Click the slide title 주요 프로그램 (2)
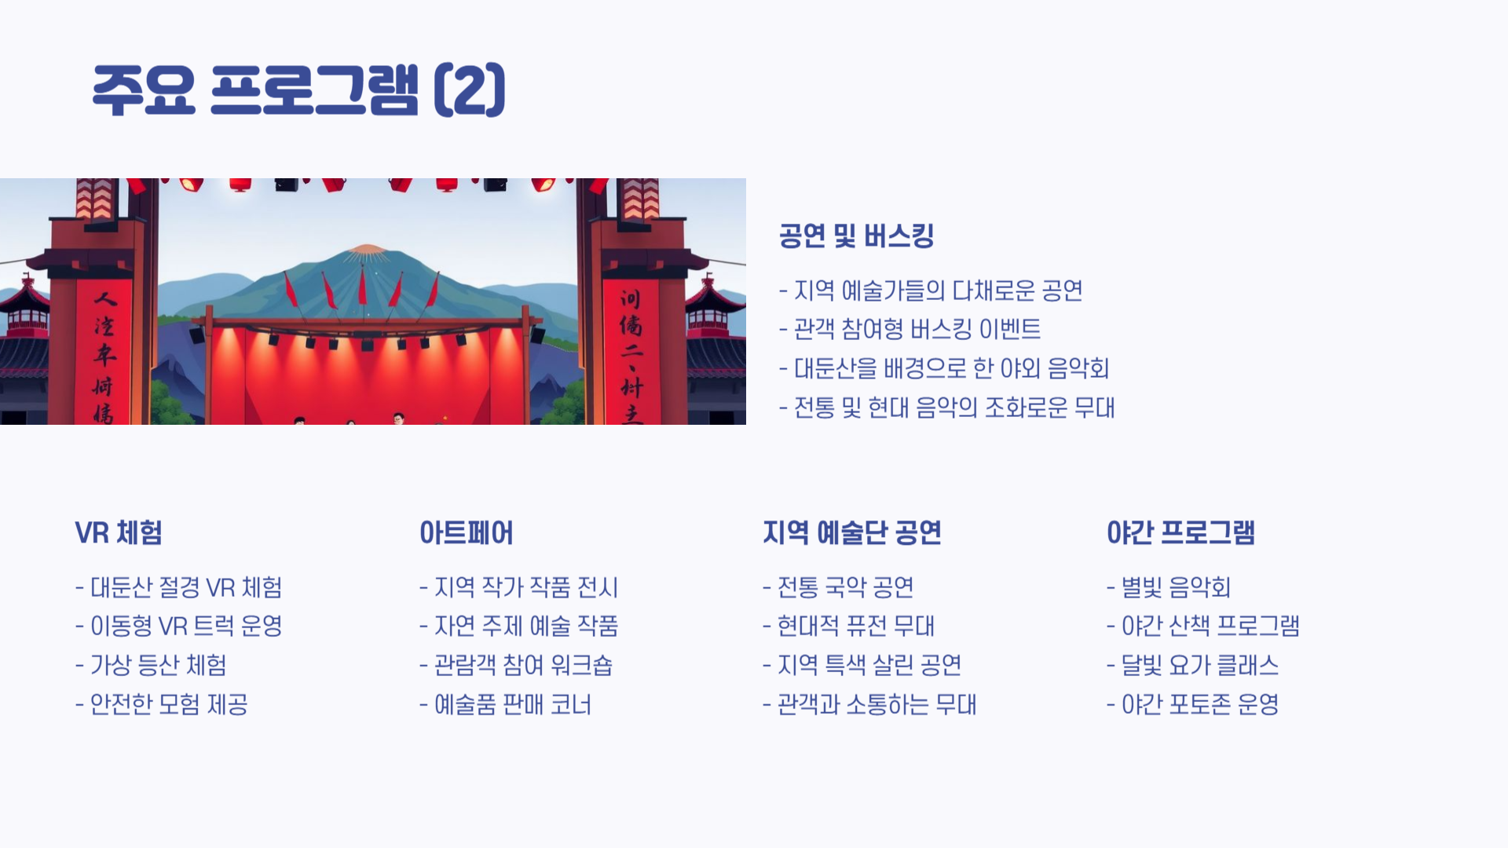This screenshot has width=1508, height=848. (x=298, y=90)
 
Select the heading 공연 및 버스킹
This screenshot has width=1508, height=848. (x=856, y=236)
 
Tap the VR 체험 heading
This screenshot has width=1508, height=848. (x=119, y=532)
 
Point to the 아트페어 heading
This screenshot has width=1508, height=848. (x=466, y=532)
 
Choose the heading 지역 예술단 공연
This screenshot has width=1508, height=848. (x=851, y=532)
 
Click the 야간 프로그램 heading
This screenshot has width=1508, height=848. (x=1180, y=532)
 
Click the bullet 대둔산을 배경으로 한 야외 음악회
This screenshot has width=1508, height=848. (x=944, y=368)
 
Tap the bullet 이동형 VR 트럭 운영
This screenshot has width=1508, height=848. (x=179, y=626)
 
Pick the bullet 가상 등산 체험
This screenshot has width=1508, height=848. (x=152, y=665)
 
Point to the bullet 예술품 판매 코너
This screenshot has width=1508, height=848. (x=505, y=704)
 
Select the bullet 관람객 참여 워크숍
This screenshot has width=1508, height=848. (x=516, y=665)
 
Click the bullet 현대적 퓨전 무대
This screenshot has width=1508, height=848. (x=848, y=626)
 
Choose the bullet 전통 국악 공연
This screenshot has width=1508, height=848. (x=838, y=587)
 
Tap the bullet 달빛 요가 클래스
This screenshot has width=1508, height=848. (x=1192, y=665)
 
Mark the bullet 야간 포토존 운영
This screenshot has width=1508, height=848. (x=1192, y=704)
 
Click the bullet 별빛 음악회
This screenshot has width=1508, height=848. (x=1168, y=587)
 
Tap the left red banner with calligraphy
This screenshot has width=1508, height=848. (x=104, y=353)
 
